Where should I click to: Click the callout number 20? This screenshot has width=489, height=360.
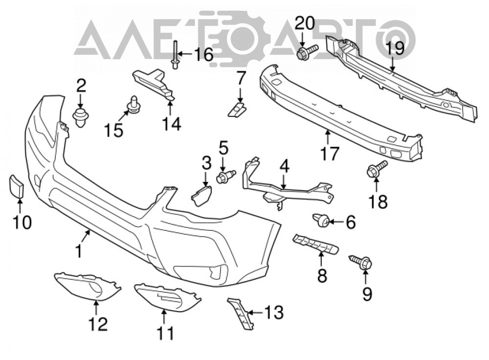tap(305, 23)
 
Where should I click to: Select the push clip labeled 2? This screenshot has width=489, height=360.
tap(81, 117)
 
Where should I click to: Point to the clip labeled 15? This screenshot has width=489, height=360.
tap(133, 105)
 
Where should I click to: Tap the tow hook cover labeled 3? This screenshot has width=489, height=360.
tap(201, 195)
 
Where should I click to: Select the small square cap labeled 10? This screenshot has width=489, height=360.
tap(17, 186)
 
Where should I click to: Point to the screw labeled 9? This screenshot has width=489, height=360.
tap(361, 262)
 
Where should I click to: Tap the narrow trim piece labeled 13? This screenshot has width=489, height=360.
tap(241, 313)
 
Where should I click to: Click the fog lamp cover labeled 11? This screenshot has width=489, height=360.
tap(167, 297)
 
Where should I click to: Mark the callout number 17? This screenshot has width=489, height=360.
tap(329, 154)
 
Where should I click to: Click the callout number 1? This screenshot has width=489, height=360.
tap(79, 251)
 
